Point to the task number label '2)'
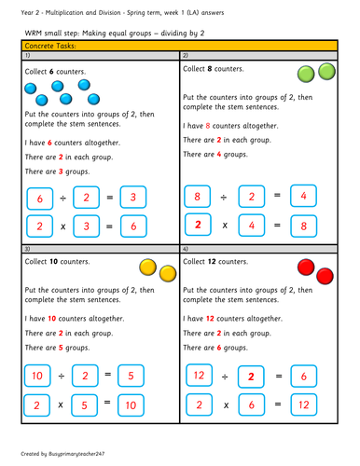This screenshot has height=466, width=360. point(187,56)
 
